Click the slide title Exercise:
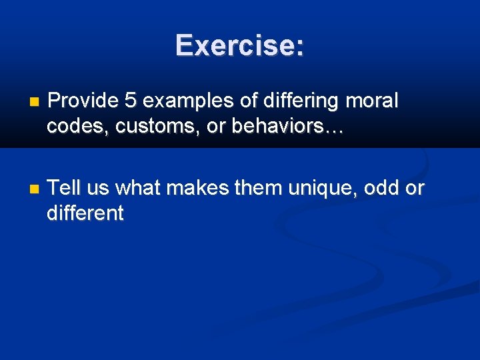tap(240, 45)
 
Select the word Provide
tap(81, 101)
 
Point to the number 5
tap(130, 101)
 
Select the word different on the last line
tap(85, 213)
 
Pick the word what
tap(139, 189)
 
